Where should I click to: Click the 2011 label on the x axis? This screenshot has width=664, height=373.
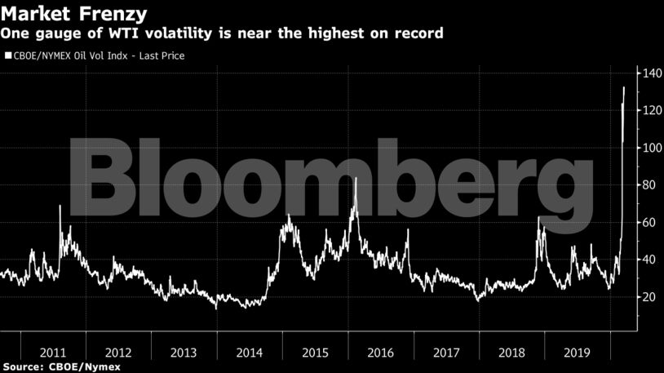pos(52,353)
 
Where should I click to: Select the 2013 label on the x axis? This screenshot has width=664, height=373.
pos(184,353)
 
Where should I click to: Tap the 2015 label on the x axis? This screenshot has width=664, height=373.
pos(315,353)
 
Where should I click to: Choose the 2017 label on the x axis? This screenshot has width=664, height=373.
pos(446,353)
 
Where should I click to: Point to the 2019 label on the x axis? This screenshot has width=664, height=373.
pos(578,353)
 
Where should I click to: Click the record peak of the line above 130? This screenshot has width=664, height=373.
pos(624,87)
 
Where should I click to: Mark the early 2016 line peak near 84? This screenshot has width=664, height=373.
pos(356,178)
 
